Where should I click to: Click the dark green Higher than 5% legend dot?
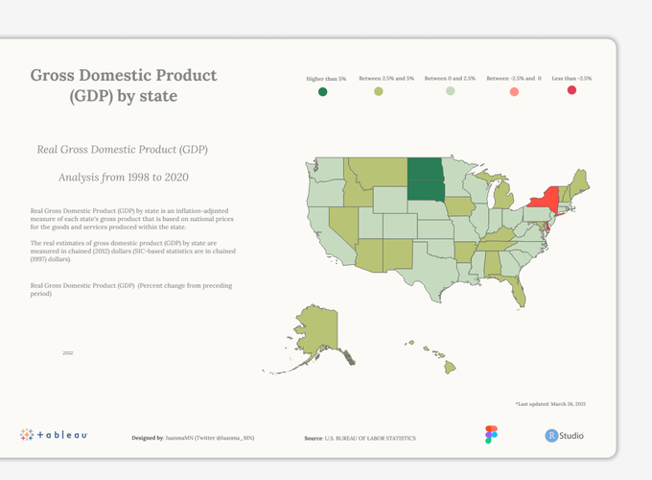pos(323,92)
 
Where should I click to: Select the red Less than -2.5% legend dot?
pos(571,90)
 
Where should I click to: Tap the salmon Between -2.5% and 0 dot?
pos(514,91)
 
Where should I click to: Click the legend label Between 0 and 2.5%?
pos(450,78)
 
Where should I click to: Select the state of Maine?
pos(579,179)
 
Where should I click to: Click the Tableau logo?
pos(55,435)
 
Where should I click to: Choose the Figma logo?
pos(492,435)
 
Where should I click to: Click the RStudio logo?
pos(565,436)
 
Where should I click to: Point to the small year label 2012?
pos(68,353)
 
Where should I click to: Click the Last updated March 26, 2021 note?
pos(550,404)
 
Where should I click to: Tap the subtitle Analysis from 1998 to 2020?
pos(122,177)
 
